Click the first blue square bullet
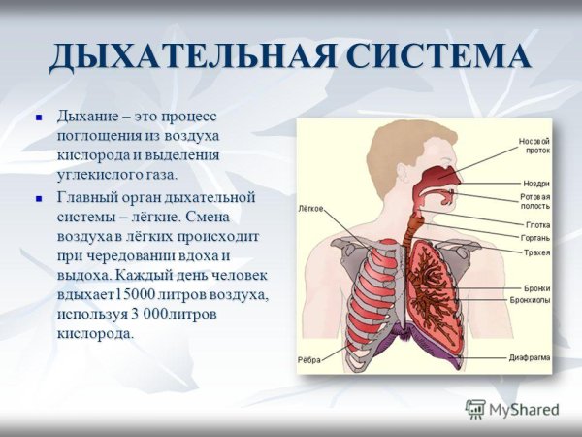click(40, 116)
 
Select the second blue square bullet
click(40, 197)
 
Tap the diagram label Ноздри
click(535, 184)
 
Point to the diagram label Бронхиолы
click(530, 301)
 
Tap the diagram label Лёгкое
click(310, 208)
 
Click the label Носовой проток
click(534, 145)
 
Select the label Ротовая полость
click(535, 201)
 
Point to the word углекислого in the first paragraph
click(97, 175)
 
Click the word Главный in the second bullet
click(88, 197)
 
